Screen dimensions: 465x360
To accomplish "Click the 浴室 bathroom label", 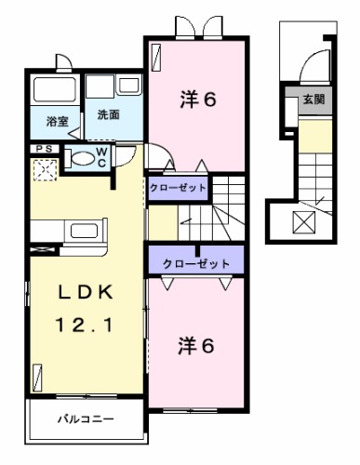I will [x=57, y=122].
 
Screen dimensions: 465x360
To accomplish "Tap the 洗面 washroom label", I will [x=108, y=115].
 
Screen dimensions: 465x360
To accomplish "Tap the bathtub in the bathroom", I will [x=56, y=91].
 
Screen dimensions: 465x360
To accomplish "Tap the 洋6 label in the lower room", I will [x=197, y=346].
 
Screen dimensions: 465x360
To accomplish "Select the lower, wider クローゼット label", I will [x=196, y=264].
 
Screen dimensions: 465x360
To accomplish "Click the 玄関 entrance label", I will [x=312, y=100].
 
